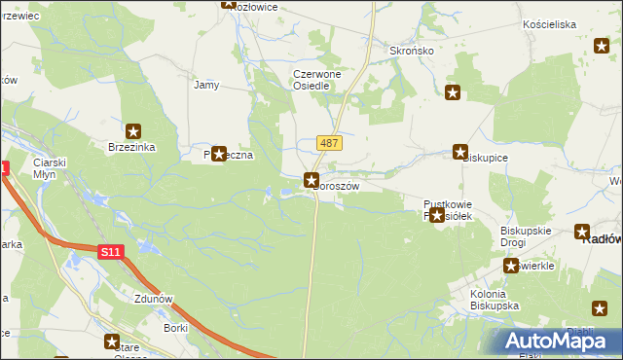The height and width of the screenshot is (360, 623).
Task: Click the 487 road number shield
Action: (x=328, y=143)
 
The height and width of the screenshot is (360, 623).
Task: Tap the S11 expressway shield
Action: (x=111, y=252)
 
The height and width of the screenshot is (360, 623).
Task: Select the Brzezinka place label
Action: (x=132, y=147)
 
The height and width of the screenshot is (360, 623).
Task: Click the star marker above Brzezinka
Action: (x=133, y=130)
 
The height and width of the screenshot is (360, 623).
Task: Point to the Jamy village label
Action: (x=206, y=85)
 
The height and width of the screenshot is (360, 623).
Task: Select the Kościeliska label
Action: (x=549, y=23)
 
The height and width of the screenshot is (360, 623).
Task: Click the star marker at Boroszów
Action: (x=311, y=179)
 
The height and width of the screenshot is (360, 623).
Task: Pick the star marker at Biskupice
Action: (x=459, y=152)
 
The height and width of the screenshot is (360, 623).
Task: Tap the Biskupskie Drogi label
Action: (x=527, y=236)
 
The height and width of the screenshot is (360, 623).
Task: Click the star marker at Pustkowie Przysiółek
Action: (x=437, y=216)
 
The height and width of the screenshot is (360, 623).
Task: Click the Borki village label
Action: (x=176, y=328)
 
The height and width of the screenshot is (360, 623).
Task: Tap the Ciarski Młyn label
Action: (x=49, y=168)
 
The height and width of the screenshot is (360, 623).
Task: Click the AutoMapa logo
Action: (x=557, y=341)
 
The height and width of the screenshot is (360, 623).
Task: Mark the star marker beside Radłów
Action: (x=582, y=232)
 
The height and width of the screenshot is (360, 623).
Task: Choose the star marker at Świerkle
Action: (x=510, y=266)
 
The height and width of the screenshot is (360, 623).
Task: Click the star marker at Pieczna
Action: (x=219, y=154)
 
